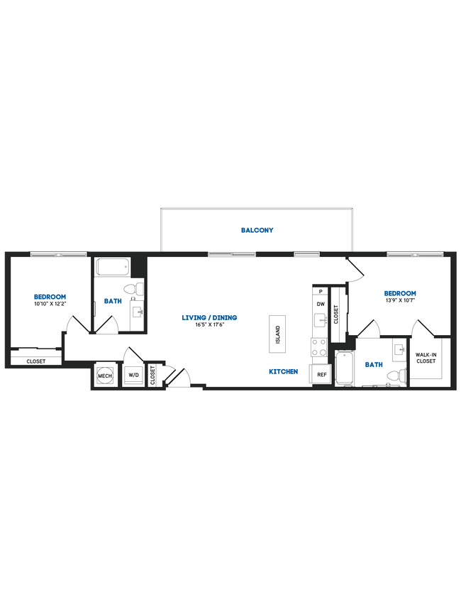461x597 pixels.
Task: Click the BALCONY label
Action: click(257, 230)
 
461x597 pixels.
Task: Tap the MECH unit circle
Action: click(105, 376)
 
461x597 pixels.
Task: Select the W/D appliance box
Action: click(134, 376)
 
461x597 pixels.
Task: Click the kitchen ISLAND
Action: click(278, 332)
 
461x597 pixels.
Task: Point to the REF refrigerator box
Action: click(321, 374)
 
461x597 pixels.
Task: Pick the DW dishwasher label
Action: click(321, 304)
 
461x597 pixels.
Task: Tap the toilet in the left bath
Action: click(131, 289)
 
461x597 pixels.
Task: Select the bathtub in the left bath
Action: click(113, 268)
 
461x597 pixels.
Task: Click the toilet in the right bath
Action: click(401, 374)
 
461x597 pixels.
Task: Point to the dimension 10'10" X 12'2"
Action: click(50, 304)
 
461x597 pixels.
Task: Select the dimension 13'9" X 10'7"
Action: click(400, 300)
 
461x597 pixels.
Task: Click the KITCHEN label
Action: click(283, 371)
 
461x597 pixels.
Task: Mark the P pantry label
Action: click(321, 291)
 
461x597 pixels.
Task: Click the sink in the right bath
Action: click(397, 349)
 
